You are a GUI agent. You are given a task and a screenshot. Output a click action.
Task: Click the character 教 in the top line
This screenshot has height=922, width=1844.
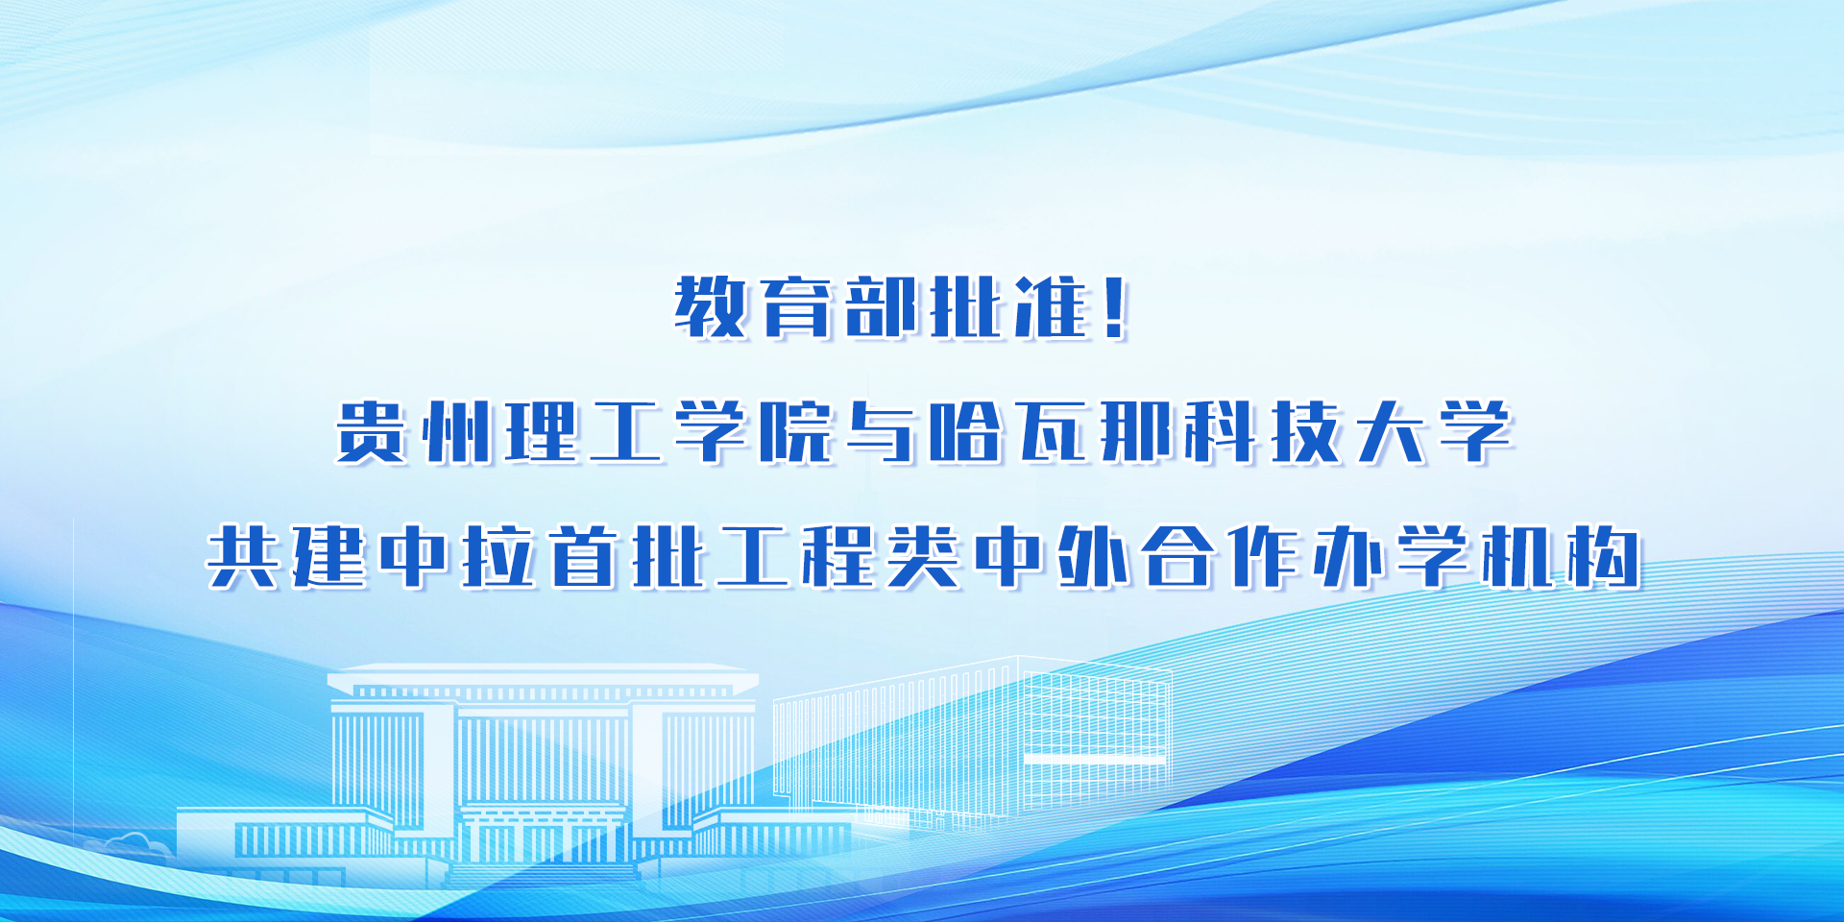pyautogui.click(x=711, y=307)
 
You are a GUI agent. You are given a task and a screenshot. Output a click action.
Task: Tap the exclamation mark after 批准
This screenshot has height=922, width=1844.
pyautogui.click(x=1115, y=307)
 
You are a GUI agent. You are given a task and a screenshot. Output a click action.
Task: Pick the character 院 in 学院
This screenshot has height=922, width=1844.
pyautogui.click(x=796, y=432)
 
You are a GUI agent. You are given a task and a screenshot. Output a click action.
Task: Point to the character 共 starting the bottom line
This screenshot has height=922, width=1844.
pyautogui.click(x=245, y=557)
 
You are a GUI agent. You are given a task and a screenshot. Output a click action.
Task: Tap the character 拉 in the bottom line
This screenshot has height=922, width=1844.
pyautogui.click(x=499, y=557)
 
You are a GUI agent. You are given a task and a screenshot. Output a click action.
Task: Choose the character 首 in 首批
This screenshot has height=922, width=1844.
pyautogui.click(x=585, y=557)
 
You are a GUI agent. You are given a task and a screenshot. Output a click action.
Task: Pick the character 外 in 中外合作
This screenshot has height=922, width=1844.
pyautogui.click(x=1094, y=557)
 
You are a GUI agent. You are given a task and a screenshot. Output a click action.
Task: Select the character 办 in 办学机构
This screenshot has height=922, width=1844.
pyautogui.click(x=1348, y=557)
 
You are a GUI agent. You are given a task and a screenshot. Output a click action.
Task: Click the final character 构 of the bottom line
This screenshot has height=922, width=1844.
pyautogui.click(x=1604, y=557)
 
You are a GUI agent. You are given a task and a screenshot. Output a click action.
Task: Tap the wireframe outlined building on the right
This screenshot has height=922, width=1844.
pyautogui.click(x=972, y=740)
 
